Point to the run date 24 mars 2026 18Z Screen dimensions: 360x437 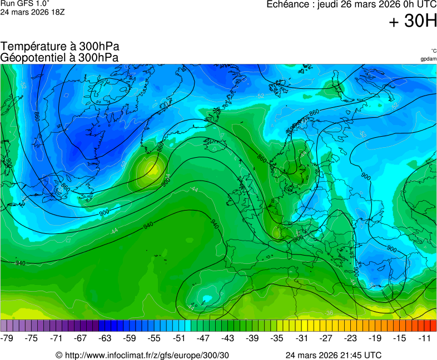[32, 12]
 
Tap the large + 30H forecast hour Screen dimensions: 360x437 [413, 22]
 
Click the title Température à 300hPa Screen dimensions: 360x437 [59, 47]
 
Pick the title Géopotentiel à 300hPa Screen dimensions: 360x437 [59, 57]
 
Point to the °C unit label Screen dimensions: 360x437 [433, 51]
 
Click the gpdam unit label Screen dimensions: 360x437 [428, 59]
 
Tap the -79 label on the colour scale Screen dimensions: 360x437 [7, 338]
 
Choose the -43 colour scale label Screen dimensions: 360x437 [227, 338]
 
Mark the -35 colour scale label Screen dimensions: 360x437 [276, 338]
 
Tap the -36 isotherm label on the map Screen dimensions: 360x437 [329, 313]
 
